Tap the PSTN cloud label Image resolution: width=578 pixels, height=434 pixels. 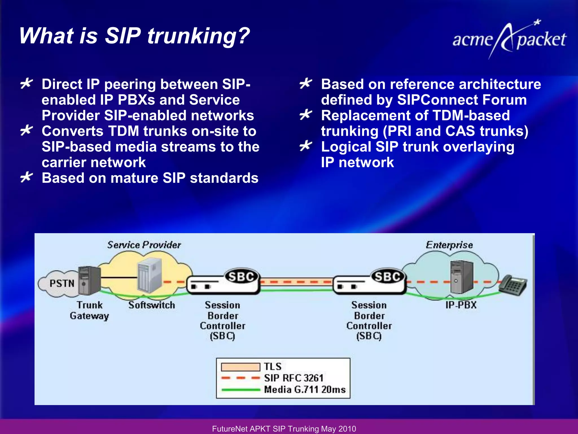tap(62, 283)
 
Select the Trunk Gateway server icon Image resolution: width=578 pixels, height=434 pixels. tap(89, 280)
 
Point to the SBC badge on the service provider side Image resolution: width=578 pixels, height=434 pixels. tap(241, 276)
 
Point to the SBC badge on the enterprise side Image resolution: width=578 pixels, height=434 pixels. tap(387, 276)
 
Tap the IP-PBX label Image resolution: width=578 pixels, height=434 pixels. tap(461, 305)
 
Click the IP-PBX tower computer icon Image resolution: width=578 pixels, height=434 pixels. tap(461, 277)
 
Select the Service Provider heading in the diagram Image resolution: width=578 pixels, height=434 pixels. tap(144, 245)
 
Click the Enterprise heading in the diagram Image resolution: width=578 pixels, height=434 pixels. tap(449, 245)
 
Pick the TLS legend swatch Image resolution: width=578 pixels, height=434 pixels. tap(240, 367)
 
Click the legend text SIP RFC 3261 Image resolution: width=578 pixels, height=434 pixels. tap(294, 378)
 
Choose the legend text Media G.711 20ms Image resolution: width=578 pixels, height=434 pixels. tap(305, 390)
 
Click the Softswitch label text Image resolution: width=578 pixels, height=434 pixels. tap(152, 305)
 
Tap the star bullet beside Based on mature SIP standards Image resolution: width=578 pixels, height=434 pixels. tap(27, 177)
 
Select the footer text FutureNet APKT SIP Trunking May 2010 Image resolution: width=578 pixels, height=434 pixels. tap(284, 429)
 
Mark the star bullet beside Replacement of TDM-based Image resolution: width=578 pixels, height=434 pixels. tap(306, 115)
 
